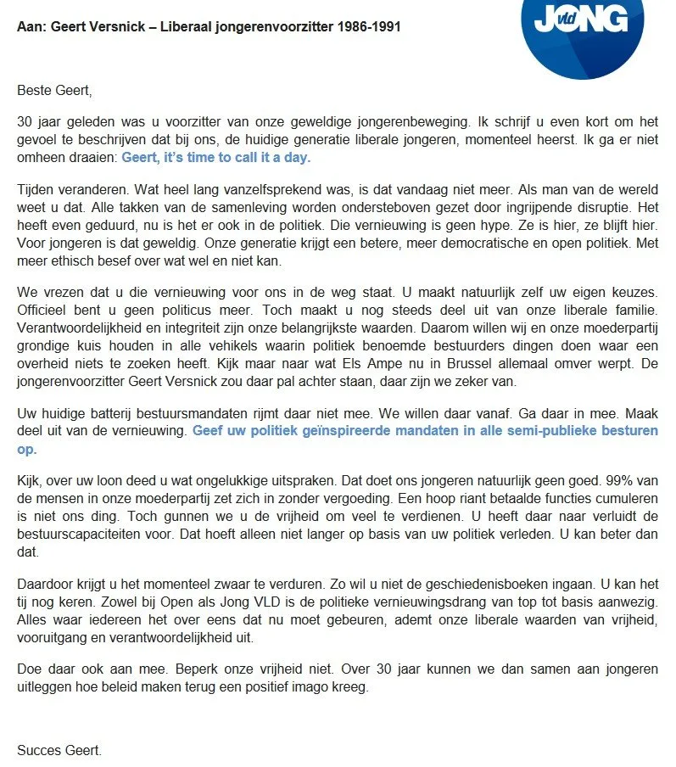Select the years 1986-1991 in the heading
click(367, 27)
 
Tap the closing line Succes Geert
click(59, 750)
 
